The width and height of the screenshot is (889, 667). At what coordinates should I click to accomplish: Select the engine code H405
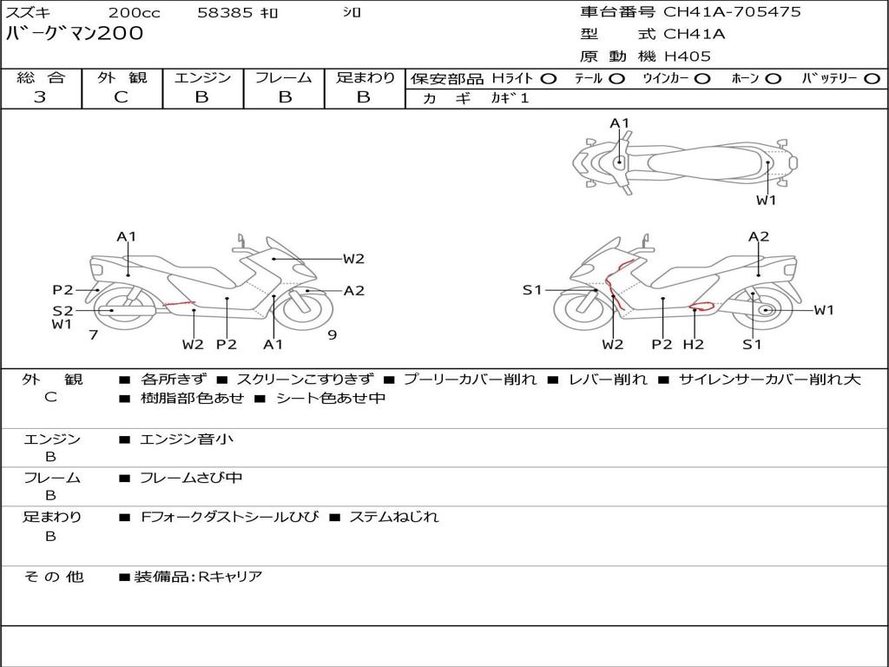[687, 56]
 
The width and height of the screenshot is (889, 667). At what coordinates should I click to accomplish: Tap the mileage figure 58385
[225, 13]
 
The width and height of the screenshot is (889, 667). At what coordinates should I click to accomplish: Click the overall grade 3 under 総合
[40, 97]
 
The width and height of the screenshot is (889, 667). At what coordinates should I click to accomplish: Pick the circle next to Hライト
[548, 78]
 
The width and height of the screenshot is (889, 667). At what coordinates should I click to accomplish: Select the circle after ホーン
[773, 78]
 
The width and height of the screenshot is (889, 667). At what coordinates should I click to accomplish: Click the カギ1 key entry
[510, 98]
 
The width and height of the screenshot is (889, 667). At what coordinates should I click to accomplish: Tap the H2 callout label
[693, 345]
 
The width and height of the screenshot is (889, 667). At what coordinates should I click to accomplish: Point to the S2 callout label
[63, 310]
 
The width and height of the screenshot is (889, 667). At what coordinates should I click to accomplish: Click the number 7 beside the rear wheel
[93, 334]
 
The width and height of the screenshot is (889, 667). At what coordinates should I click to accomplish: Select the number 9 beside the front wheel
[332, 334]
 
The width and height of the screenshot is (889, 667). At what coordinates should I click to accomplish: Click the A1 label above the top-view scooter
[619, 123]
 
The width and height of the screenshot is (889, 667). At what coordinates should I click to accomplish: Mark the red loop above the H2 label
[700, 306]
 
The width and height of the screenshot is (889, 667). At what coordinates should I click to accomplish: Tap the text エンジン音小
[186, 439]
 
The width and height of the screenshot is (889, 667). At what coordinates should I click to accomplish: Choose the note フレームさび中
[191, 478]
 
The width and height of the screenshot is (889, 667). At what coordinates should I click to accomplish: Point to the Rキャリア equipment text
[229, 577]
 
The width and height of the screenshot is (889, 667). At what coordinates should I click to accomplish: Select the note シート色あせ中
[330, 399]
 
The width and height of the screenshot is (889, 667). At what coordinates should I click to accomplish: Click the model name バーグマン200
[75, 34]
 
